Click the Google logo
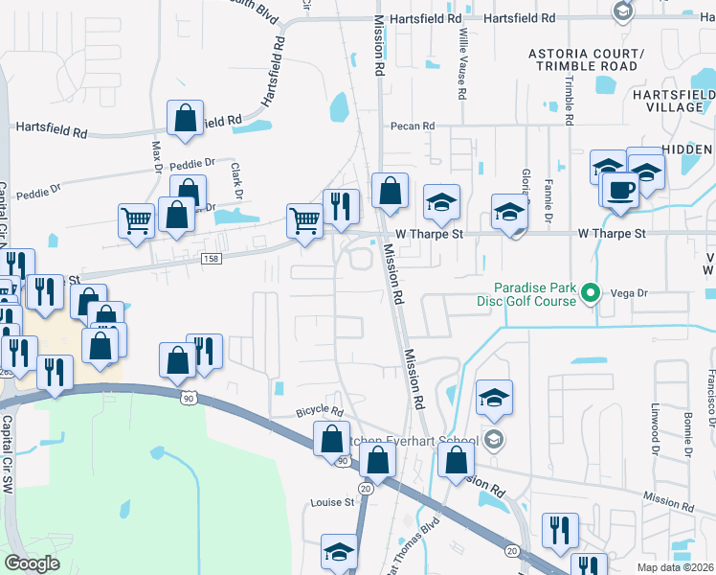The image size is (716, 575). click(x=33, y=563)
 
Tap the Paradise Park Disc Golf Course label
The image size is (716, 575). click(x=535, y=294)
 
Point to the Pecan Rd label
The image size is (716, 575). click(x=412, y=126)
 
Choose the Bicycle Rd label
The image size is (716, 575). click(x=319, y=410)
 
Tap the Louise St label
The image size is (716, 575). click(x=332, y=502)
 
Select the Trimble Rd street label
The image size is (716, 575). click(x=569, y=101)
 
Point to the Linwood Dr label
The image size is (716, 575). click(x=657, y=427)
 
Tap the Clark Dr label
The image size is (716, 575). click(x=235, y=179)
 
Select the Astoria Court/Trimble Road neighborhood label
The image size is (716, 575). click(x=587, y=58)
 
